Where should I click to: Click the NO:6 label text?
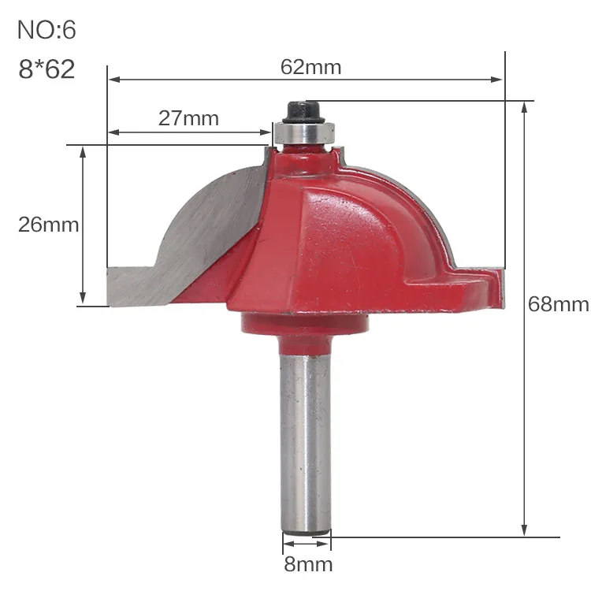(46, 30)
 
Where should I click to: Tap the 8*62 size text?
(46, 69)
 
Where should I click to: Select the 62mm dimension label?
(311, 67)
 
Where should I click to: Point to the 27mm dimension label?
(188, 118)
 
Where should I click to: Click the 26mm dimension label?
(48, 225)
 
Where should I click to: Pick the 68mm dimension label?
(558, 304)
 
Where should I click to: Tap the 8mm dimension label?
(308, 564)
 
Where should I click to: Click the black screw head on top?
(303, 112)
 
